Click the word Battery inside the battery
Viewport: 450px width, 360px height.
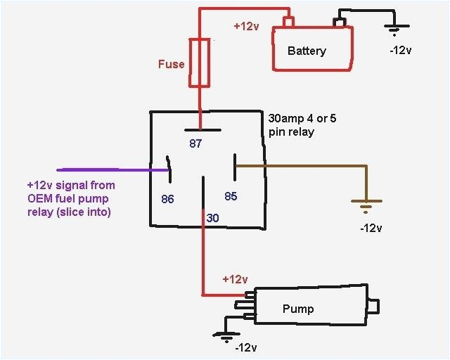click(307, 51)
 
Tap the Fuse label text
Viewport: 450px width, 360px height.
click(171, 64)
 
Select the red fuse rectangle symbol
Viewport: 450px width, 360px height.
click(200, 63)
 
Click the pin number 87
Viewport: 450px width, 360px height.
click(195, 144)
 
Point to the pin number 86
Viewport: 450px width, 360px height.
click(167, 199)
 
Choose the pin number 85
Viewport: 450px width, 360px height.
click(230, 196)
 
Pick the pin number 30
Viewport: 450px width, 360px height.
click(213, 219)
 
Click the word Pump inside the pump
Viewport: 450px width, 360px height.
click(297, 309)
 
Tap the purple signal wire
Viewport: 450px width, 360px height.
click(105, 169)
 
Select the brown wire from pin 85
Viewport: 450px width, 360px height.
click(302, 167)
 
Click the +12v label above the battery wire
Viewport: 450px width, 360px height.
click(246, 26)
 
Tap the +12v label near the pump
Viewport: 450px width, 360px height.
click(235, 279)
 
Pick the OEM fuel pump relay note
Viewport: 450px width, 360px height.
click(70, 198)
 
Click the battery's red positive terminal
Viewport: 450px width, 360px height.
click(287, 22)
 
